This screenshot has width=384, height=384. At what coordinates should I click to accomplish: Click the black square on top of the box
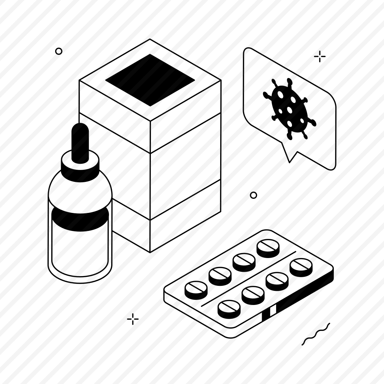coord(150,80)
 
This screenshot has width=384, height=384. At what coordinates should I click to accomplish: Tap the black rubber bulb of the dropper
coord(80,143)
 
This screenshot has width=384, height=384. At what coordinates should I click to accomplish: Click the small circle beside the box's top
coord(59,51)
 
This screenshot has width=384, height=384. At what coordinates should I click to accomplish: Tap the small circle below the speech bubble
coord(253,195)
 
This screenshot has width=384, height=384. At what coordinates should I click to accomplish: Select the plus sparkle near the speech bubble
coord(320,56)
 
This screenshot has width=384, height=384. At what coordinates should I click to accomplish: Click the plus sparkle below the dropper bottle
coord(133,319)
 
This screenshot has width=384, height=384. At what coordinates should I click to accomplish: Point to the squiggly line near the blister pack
coord(316,334)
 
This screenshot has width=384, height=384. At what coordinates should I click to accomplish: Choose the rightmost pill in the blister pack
coord(301,267)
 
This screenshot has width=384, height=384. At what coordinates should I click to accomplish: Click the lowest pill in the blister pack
coord(229,309)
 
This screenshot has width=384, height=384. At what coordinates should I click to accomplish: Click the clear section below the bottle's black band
coord(80,249)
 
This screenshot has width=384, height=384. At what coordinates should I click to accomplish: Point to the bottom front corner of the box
coord(150,252)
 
